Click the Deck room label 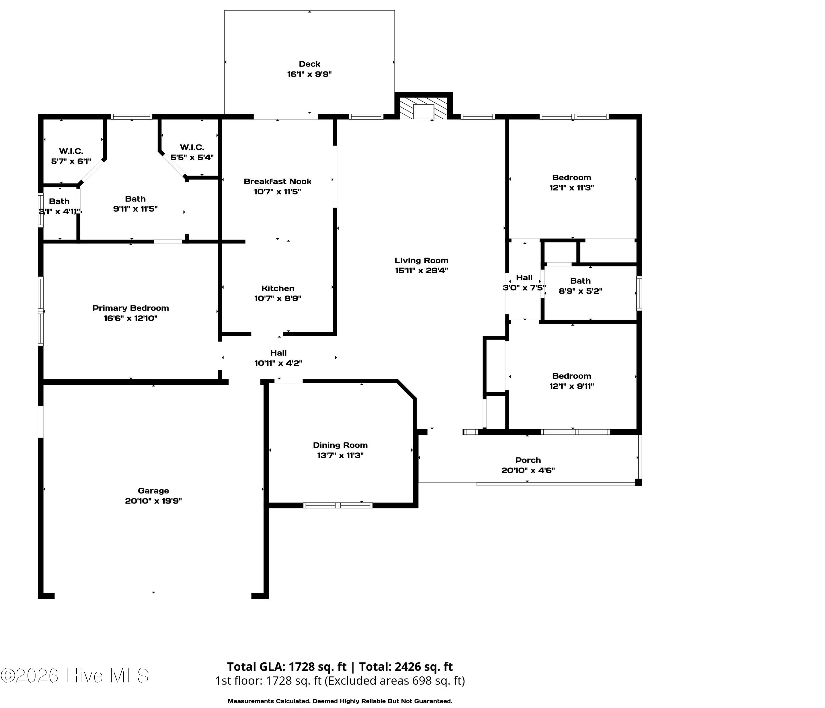tap(309, 64)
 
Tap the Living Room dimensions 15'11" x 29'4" tap(421, 270)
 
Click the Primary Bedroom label tap(131, 308)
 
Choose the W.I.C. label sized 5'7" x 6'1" tap(71, 151)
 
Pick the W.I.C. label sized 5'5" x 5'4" tap(192, 147)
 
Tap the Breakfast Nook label tap(277, 181)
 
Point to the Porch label tap(528, 460)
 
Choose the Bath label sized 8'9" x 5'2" tap(580, 281)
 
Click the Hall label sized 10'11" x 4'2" tap(278, 353)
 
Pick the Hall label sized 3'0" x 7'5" tap(524, 278)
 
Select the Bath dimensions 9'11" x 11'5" tap(135, 209)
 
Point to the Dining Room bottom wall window tap(338, 505)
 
